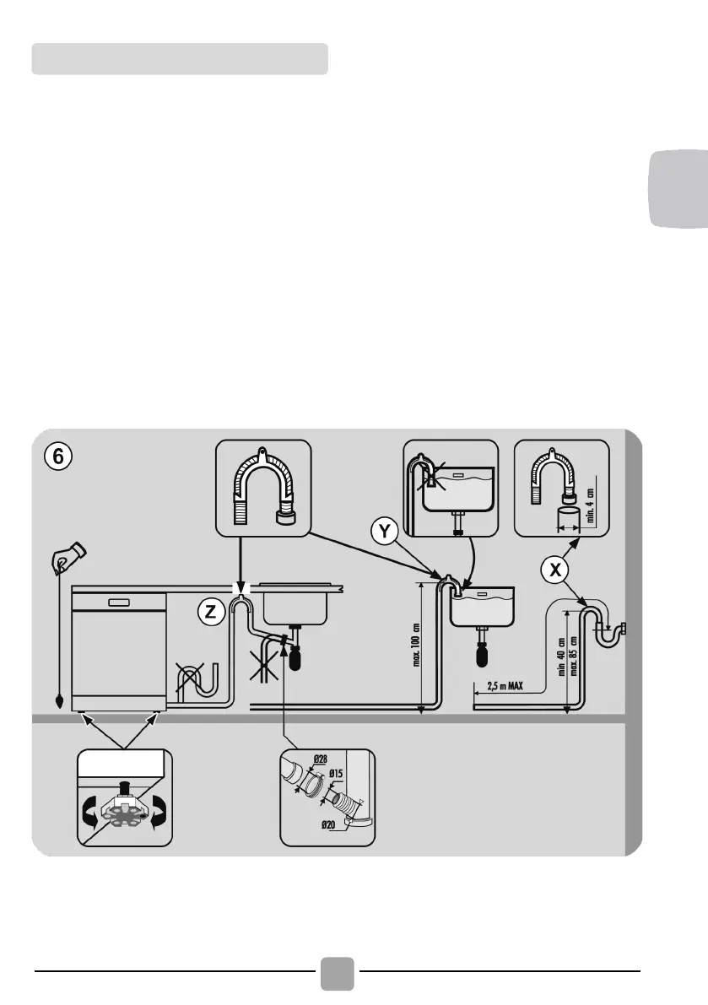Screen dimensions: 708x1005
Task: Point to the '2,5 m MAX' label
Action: point(505,685)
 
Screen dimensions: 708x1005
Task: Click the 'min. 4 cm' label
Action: point(592,503)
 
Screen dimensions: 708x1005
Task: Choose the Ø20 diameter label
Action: point(307,827)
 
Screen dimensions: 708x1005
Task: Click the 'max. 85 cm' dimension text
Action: point(574,656)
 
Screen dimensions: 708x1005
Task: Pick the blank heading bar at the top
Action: point(180,59)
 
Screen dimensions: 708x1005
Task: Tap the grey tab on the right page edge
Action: point(680,187)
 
